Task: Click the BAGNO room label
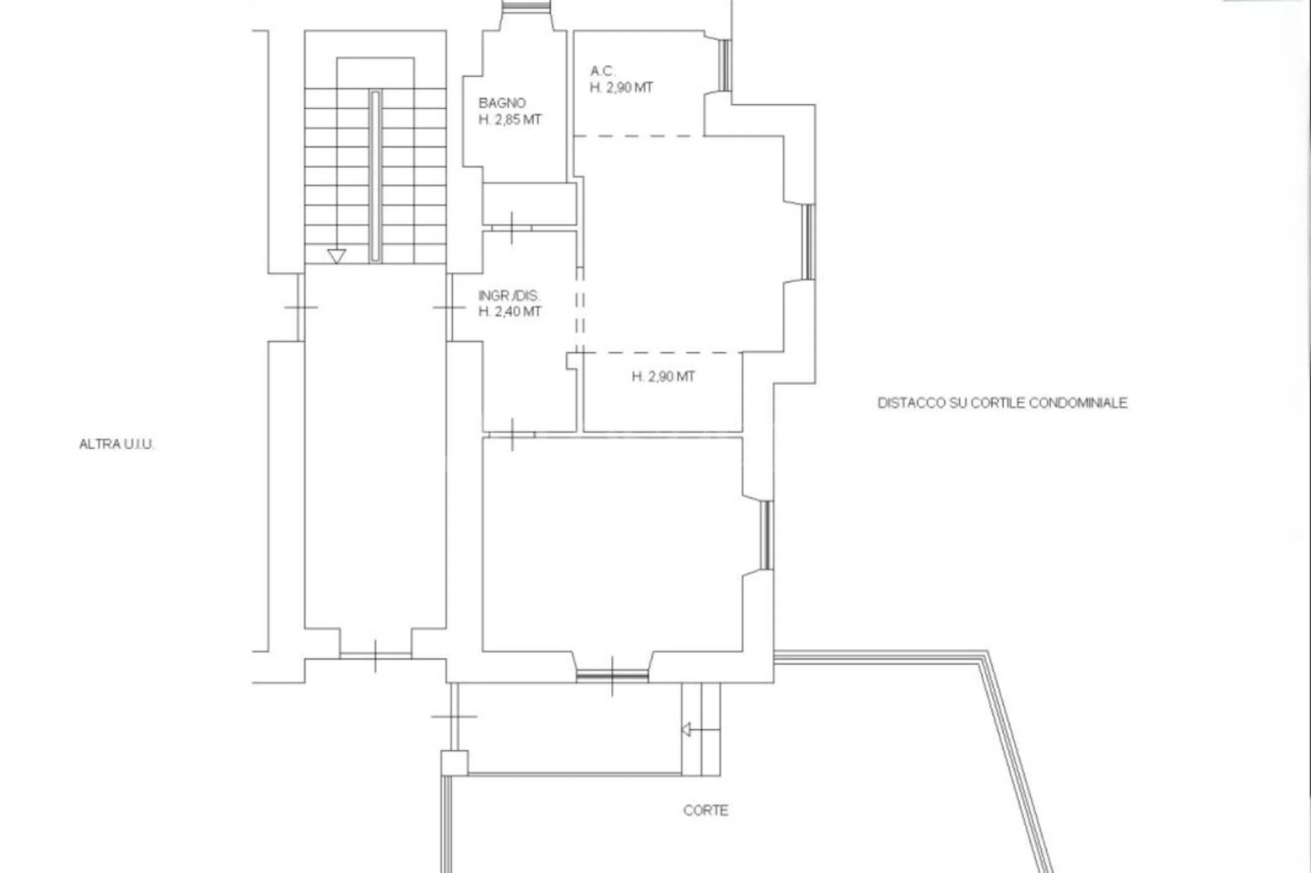tap(502, 103)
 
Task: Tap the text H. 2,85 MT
tap(510, 120)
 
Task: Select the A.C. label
tap(603, 71)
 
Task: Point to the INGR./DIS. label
tap(509, 296)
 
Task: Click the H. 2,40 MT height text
tap(510, 312)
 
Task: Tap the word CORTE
tap(706, 810)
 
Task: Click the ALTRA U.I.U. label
tap(116, 444)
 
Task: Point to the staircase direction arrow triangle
tap(336, 255)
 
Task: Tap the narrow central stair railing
tap(375, 176)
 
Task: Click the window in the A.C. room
tap(725, 65)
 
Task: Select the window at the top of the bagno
tap(526, 5)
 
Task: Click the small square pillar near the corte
tap(454, 763)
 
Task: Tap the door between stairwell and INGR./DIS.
tap(449, 307)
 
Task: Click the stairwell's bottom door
tap(375, 656)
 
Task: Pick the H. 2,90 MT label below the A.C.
tap(622, 88)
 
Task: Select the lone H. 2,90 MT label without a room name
tap(664, 377)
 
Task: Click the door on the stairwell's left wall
tap(301, 307)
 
